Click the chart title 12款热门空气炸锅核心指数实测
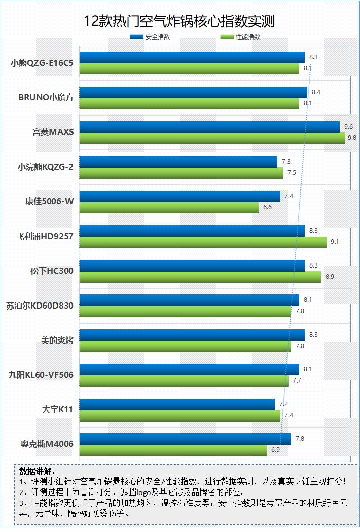(180, 21)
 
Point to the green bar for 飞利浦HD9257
(203, 242)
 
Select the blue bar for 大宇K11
(177, 404)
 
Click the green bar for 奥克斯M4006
(173, 450)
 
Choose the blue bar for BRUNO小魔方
(193, 92)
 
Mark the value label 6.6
(268, 207)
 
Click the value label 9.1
(334, 242)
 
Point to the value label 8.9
(329, 277)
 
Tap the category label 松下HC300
(52, 271)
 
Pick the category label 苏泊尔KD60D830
(40, 306)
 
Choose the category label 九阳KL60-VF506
(41, 375)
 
